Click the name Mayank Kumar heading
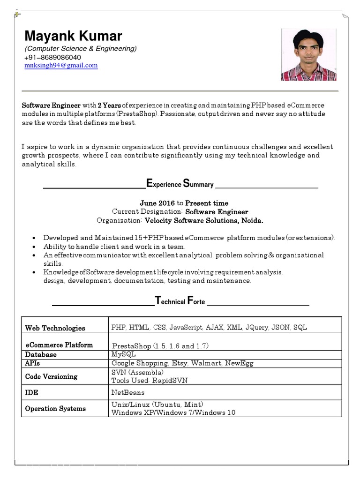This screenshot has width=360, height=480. click(73, 36)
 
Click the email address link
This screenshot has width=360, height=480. click(61, 66)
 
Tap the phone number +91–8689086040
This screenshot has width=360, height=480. click(56, 57)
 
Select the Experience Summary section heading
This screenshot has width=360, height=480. click(180, 184)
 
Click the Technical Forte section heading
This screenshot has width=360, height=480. click(180, 301)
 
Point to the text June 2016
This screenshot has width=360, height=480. click(157, 203)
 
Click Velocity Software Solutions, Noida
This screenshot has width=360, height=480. click(204, 220)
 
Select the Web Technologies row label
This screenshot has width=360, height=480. click(55, 328)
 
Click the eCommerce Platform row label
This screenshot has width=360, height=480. click(59, 345)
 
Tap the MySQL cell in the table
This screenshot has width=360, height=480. click(123, 354)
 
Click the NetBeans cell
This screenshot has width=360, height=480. click(128, 392)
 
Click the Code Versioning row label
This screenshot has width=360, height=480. click(51, 376)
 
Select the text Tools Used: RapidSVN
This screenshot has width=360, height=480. click(149, 381)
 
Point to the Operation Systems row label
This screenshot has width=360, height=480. click(55, 409)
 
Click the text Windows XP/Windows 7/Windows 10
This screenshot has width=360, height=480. click(173, 412)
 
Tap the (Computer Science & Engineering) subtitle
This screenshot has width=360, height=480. click(81, 49)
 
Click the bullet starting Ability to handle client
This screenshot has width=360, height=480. click(114, 246)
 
